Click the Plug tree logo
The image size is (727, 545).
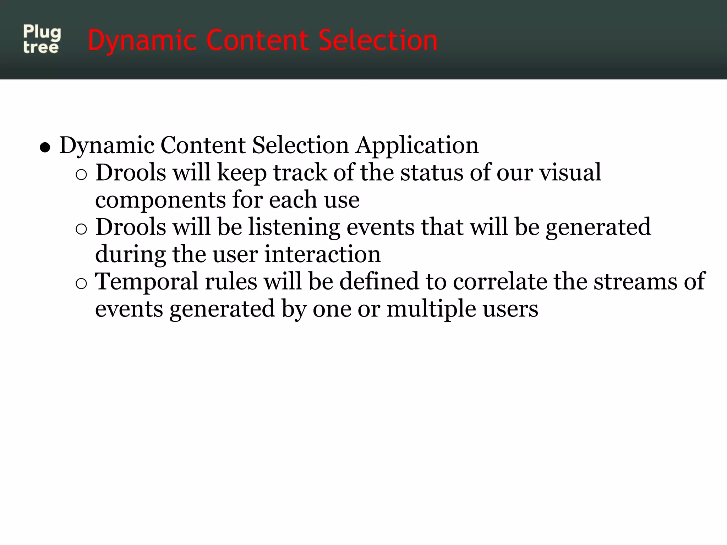click(42, 39)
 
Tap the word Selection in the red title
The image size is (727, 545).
click(378, 40)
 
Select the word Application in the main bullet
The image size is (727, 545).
click(417, 145)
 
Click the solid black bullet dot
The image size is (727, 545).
click(45, 147)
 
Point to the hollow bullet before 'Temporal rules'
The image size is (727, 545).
click(81, 284)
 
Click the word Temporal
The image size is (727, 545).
click(146, 282)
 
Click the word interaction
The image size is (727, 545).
click(322, 254)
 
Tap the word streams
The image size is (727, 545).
click(635, 282)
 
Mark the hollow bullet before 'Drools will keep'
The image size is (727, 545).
click(81, 175)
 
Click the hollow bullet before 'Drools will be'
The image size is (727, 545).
click(81, 230)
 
